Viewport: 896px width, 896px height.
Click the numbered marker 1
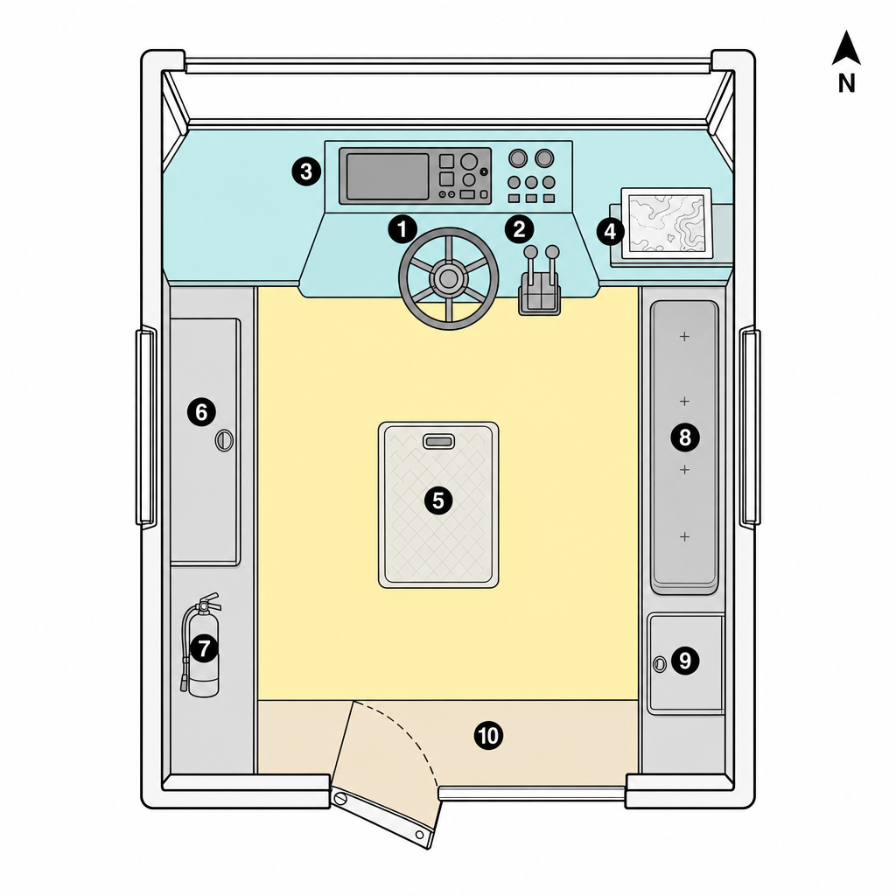tap(402, 230)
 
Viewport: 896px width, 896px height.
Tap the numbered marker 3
tap(306, 171)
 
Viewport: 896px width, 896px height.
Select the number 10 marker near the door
tap(488, 735)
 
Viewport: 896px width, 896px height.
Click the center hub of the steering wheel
tap(449, 278)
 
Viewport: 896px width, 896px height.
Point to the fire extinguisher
tap(200, 646)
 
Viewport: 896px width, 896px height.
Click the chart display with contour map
tap(666, 223)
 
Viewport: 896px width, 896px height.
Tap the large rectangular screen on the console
tap(387, 177)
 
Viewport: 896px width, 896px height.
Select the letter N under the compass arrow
tap(846, 84)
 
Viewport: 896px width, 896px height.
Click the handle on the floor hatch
tap(438, 441)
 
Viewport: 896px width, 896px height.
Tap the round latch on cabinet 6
tap(224, 441)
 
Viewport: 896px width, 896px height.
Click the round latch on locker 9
tap(660, 664)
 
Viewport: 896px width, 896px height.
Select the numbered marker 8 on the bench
tap(684, 437)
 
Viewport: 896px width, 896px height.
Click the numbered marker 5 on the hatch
tap(438, 500)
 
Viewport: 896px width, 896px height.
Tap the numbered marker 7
tap(204, 648)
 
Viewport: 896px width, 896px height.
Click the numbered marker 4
tap(610, 232)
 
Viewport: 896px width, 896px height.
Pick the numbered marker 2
tap(519, 230)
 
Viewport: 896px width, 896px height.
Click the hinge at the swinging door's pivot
tap(340, 798)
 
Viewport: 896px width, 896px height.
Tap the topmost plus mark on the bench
tap(684, 337)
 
